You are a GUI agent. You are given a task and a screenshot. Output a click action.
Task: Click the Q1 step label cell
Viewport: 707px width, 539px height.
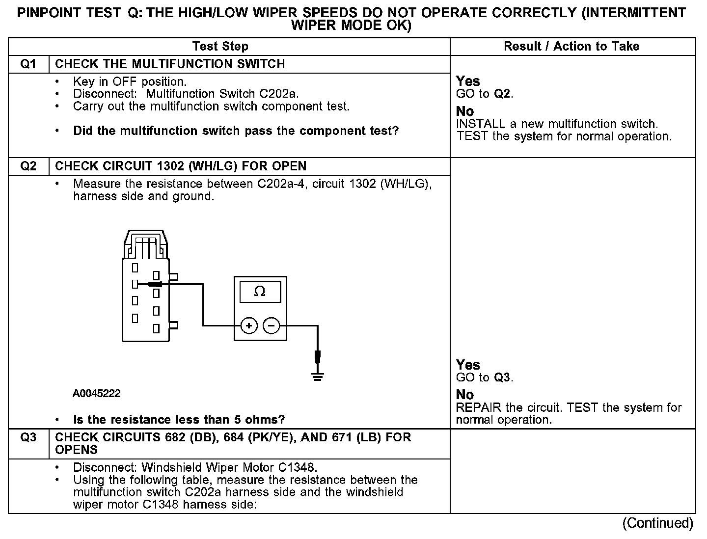coord(28,64)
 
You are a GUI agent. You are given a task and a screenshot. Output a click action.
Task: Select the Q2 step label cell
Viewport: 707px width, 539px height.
coord(28,166)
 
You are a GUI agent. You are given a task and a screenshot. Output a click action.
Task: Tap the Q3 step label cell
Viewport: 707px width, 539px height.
coord(28,437)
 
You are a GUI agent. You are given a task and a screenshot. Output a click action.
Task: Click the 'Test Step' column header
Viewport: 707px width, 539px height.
coord(220,47)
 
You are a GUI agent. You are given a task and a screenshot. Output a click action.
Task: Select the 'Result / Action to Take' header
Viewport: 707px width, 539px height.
coord(571,47)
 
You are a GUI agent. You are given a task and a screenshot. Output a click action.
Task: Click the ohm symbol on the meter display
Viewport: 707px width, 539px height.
coord(260,292)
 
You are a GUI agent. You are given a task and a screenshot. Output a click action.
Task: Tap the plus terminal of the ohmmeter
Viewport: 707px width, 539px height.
coord(249,325)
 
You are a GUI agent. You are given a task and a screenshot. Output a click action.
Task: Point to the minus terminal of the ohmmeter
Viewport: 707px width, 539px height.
coord(272,325)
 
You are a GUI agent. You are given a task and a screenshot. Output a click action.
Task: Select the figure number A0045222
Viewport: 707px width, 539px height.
coord(97,394)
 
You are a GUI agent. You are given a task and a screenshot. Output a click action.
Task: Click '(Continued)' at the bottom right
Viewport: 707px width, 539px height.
coord(657,523)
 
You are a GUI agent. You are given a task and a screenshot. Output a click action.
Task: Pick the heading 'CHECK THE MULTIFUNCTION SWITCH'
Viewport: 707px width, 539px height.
coord(170,64)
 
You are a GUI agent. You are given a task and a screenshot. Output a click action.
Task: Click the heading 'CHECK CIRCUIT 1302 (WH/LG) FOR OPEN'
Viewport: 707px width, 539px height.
coord(181,166)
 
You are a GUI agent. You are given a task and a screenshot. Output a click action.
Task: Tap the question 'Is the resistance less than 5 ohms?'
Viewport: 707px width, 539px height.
coord(179,420)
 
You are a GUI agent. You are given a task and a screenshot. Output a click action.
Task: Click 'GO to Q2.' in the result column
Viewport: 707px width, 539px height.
coord(485,94)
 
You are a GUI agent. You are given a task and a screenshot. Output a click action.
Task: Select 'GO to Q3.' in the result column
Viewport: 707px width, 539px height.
coord(485,377)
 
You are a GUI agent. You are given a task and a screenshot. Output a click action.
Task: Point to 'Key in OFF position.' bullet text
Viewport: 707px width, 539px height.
coord(130,81)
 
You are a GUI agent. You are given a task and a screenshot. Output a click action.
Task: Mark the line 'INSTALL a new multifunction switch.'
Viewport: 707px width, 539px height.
coord(557,124)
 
